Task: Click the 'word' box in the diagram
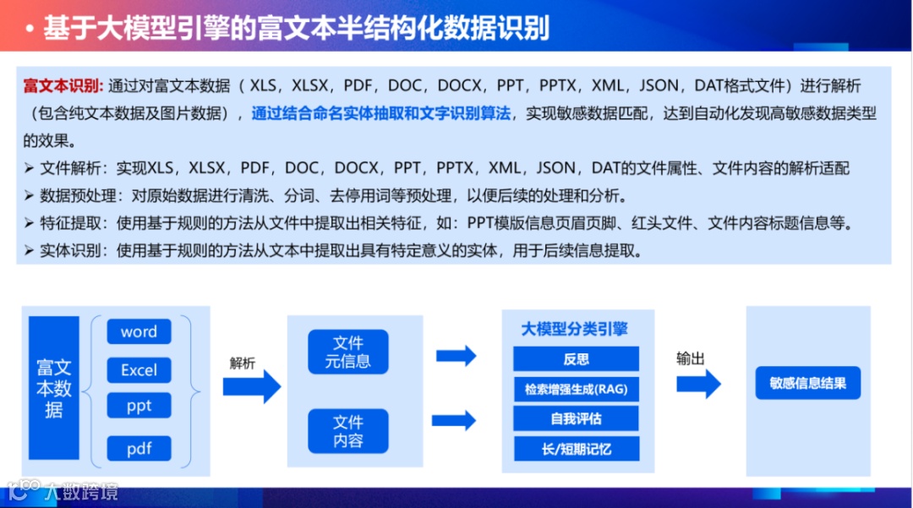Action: click(x=139, y=331)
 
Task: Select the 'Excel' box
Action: click(x=139, y=369)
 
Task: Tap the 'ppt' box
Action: click(x=139, y=406)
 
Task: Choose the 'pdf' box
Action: click(x=139, y=448)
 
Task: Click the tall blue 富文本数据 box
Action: click(x=54, y=389)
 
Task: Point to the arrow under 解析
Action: click(x=251, y=386)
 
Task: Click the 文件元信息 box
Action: click(x=347, y=352)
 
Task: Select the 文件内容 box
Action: click(x=347, y=431)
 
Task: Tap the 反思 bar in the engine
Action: click(x=576, y=358)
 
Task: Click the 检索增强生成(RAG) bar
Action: click(x=576, y=389)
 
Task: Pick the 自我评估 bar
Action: click(x=576, y=418)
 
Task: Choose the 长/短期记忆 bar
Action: click(x=576, y=448)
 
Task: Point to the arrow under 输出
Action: click(x=698, y=385)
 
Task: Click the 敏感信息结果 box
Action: click(x=807, y=383)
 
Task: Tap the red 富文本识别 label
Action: click(x=63, y=86)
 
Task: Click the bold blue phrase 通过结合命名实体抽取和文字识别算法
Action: click(x=381, y=113)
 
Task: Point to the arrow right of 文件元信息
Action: click(x=456, y=356)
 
